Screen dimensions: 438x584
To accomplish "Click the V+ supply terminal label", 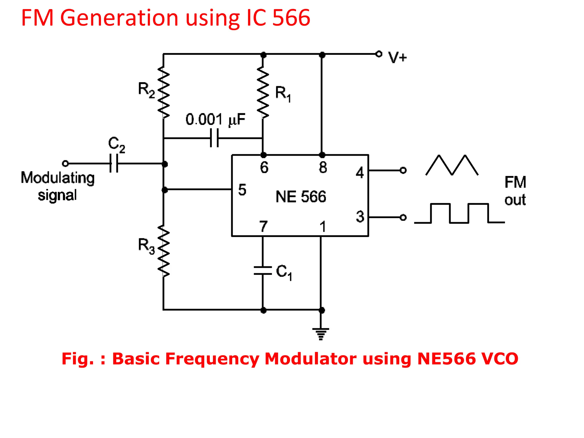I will [397, 57].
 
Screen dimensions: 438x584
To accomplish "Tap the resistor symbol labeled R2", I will [163, 92].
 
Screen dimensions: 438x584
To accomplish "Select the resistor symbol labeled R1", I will [263, 92].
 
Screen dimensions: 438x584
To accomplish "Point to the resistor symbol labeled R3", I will [163, 251].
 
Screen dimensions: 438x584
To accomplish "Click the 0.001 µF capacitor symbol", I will [214, 138].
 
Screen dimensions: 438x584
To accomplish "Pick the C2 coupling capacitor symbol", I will [114, 163].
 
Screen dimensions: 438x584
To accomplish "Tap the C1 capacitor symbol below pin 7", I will [263, 271].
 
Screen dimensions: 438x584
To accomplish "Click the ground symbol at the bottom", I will [321, 334].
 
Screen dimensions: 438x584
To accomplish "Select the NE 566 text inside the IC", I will [301, 197].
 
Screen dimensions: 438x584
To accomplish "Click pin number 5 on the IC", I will [242, 190].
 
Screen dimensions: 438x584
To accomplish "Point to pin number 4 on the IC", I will [360, 173].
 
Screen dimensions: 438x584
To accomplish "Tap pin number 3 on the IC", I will [360, 217].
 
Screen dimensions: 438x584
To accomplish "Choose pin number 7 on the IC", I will [263, 226].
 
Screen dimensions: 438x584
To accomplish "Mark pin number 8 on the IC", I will [323, 167].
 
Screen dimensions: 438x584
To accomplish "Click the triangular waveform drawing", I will [452, 165].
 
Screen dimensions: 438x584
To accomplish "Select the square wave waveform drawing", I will [459, 213].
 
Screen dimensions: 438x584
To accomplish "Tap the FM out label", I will [515, 191].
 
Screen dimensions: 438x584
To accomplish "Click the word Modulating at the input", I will [58, 178].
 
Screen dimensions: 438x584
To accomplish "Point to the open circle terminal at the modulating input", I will [65, 163].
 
